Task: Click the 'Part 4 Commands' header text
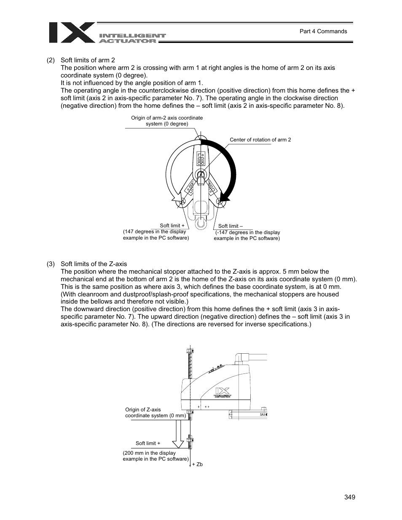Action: point(323,31)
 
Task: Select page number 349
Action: point(349,497)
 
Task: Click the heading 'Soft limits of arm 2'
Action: point(88,60)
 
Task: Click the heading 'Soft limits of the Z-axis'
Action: point(94,264)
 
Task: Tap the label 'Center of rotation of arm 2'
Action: point(260,140)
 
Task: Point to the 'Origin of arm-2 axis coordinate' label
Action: point(167,118)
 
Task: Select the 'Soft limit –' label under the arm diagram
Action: point(230,226)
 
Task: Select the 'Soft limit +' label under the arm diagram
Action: point(172,226)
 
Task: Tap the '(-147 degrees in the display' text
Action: point(247,232)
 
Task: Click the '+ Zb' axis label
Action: point(197,464)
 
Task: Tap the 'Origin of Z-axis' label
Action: point(143,409)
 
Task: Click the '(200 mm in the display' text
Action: point(149,453)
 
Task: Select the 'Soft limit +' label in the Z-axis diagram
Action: point(147,443)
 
